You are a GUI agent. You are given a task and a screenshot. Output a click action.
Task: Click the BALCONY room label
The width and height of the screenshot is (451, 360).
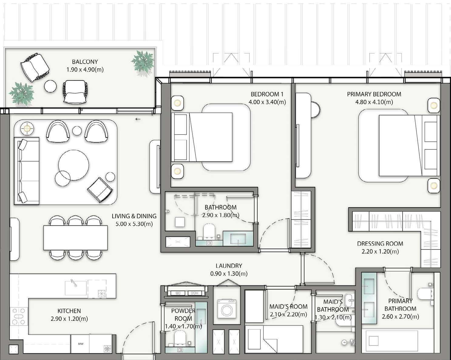click(85, 62)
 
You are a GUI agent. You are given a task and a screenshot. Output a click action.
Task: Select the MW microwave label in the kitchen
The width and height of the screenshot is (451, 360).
click(81, 344)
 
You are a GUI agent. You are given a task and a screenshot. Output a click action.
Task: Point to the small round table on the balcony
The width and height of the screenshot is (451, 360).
click(50, 86)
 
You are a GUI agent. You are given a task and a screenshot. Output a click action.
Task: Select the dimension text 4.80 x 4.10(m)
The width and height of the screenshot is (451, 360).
click(374, 102)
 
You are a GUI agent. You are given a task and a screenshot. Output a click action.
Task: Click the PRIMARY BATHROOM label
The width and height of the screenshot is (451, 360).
click(400, 305)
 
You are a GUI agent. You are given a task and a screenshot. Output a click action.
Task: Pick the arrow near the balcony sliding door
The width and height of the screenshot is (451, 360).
click(138, 119)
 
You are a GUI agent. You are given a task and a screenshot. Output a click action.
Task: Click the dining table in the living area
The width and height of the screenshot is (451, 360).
click(75, 238)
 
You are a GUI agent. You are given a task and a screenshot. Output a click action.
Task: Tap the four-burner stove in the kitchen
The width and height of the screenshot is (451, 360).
click(19, 316)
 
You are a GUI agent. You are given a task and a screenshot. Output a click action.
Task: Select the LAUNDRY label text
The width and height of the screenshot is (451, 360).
click(229, 266)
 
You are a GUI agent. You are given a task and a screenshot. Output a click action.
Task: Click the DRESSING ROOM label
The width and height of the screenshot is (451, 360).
click(380, 243)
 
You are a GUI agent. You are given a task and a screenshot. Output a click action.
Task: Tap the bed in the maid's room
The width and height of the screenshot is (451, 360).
click(274, 339)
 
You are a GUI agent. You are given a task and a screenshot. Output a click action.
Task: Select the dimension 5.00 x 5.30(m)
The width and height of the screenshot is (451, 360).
click(134, 224)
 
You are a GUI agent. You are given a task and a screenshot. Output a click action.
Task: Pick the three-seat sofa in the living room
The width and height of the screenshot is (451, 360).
click(27, 171)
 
